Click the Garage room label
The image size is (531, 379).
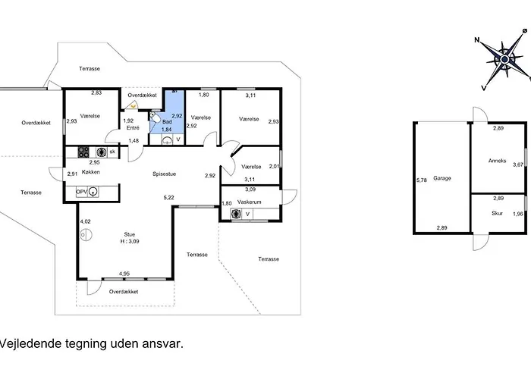442,178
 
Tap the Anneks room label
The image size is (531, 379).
497,161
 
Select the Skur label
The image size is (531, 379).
497,214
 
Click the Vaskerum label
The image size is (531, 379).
250,202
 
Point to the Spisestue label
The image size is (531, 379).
165,174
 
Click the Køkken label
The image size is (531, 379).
91,172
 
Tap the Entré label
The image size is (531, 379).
133,127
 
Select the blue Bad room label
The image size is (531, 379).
167,122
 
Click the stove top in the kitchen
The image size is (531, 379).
83,152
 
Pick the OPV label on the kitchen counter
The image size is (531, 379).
82,192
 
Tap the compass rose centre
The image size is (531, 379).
504,60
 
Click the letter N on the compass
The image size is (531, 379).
477,40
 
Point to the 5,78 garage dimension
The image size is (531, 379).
422,180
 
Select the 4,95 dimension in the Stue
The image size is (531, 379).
124,274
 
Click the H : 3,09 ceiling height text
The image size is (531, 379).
130,241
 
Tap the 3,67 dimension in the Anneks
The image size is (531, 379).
518,164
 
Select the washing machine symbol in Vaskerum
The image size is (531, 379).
236,214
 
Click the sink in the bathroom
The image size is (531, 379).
167,140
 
